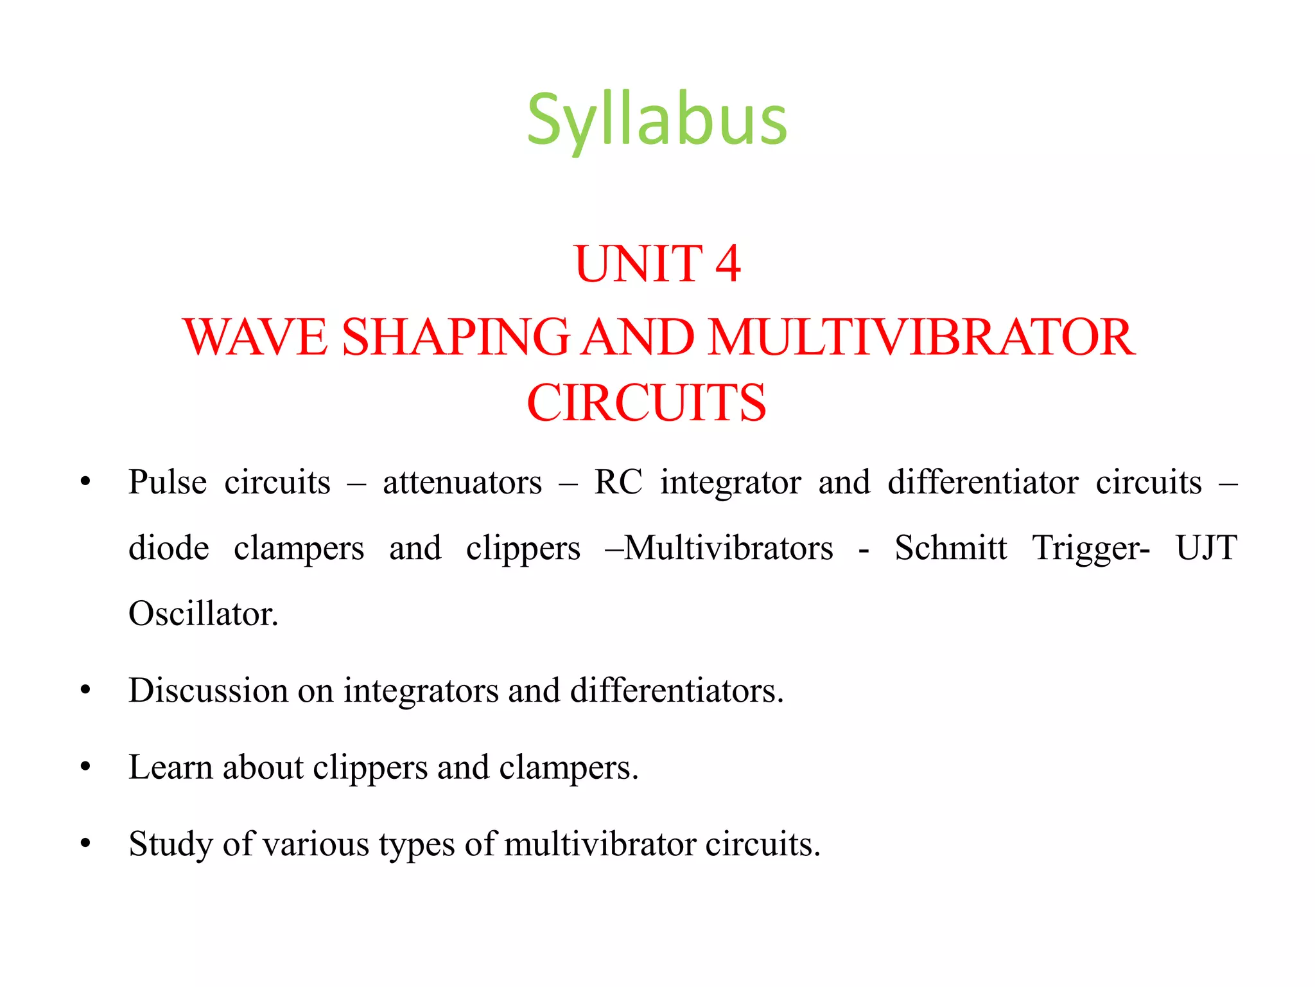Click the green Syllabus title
pos(656,121)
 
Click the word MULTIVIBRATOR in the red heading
pos(921,337)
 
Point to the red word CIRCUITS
pos(646,403)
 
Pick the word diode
pos(169,548)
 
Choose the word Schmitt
pos(950,548)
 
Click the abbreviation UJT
pos(1206,548)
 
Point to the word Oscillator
pos(203,614)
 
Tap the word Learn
pos(170,767)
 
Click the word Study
pos(170,844)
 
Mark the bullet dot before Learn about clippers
pos(85,767)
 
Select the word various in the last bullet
pos(315,844)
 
